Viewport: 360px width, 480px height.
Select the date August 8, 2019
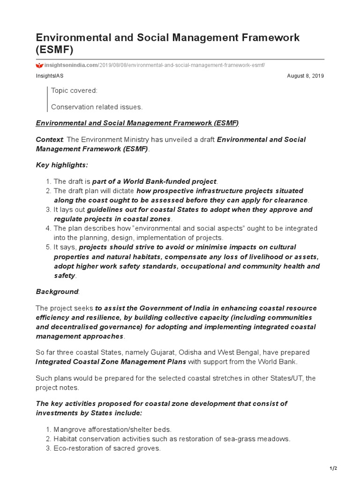click(305, 75)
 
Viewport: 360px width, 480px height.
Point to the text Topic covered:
click(74, 90)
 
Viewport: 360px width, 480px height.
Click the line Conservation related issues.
click(97, 107)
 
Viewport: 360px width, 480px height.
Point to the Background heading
click(57, 292)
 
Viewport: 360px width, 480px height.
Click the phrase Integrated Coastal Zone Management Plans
click(111, 361)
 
